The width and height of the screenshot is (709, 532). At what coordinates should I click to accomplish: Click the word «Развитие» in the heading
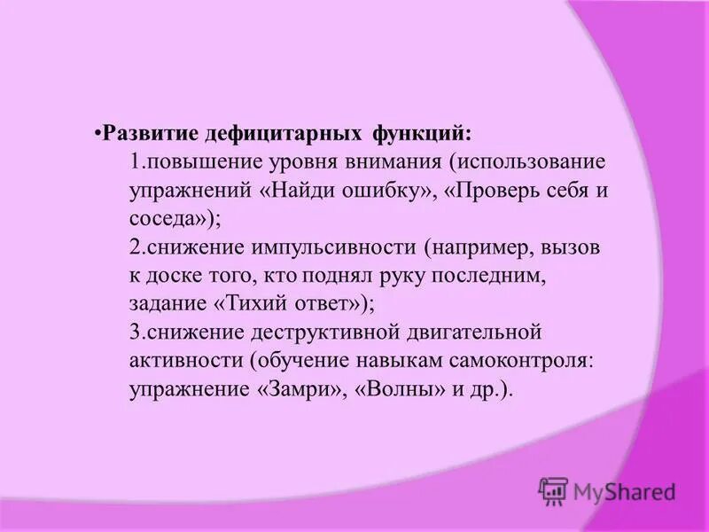(152, 136)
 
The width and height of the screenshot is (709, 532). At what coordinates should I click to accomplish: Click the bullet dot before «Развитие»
(97, 135)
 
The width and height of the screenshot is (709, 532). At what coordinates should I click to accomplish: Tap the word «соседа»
(167, 220)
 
